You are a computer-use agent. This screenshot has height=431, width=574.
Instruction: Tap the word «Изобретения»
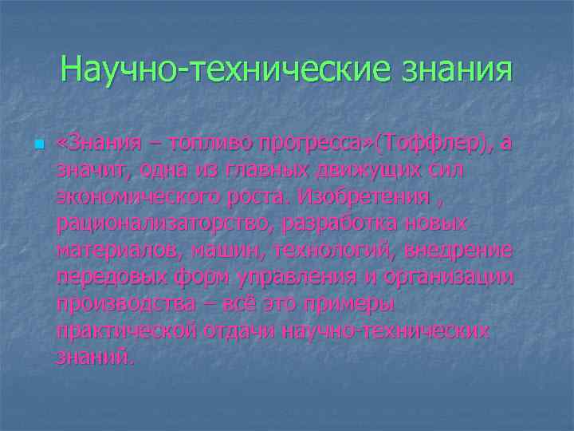(x=364, y=196)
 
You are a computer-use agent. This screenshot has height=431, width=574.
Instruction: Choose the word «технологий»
(x=333, y=251)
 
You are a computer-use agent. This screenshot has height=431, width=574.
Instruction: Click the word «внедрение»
(x=458, y=251)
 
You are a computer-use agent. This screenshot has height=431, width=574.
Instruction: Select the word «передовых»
(x=108, y=278)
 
